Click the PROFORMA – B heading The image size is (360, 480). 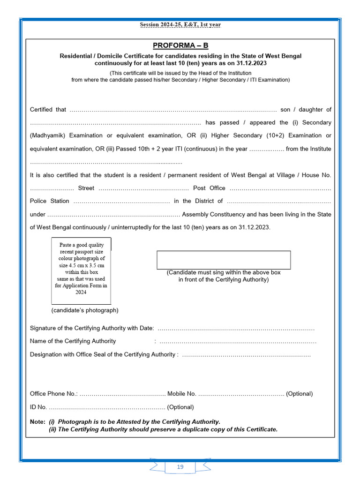click(180, 45)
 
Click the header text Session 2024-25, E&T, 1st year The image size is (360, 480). click(180, 24)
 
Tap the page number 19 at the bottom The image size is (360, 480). click(180, 467)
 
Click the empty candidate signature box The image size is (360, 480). click(223, 260)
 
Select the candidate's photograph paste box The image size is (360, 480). click(81, 271)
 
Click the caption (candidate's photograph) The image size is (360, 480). click(85, 310)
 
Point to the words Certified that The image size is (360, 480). click(48, 110)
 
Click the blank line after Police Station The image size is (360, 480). click(121, 201)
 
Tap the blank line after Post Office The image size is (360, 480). click(280, 188)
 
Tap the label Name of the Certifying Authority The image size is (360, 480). click(73, 341)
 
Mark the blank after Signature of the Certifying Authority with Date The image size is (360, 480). click(237, 328)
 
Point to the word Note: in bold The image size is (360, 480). click(38, 422)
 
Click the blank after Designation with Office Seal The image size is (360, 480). click(246, 354)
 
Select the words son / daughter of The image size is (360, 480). click(306, 110)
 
